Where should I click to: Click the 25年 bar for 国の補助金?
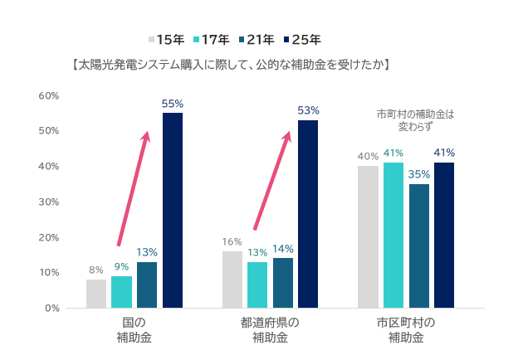(x=173, y=210)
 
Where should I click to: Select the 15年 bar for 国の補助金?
(x=96, y=294)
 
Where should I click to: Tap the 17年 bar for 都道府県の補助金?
(x=257, y=285)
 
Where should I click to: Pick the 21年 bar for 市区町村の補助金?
(x=419, y=246)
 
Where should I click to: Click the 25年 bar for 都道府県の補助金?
(x=308, y=214)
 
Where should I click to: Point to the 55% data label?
(x=173, y=105)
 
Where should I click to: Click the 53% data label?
(x=308, y=111)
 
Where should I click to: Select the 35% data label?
(x=419, y=174)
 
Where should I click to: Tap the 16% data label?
(x=232, y=242)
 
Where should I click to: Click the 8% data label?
(x=96, y=270)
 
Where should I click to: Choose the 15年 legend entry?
(x=166, y=39)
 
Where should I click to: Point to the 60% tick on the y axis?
(x=49, y=96)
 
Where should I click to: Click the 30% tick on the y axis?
(x=49, y=202)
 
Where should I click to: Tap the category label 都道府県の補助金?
(x=270, y=330)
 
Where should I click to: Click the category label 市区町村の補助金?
(x=406, y=330)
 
